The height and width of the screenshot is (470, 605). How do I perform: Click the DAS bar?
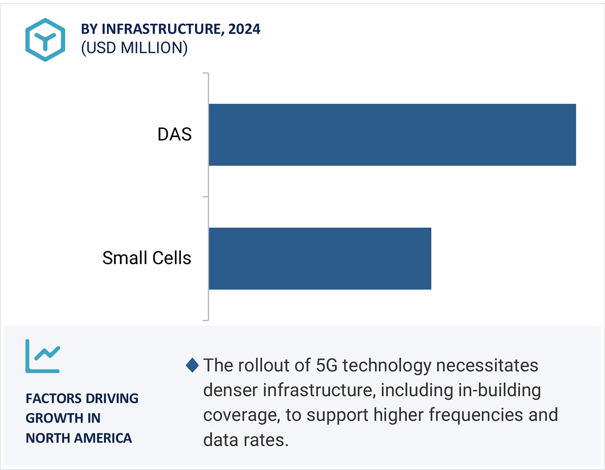click(392, 134)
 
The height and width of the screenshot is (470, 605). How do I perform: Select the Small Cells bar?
click(320, 258)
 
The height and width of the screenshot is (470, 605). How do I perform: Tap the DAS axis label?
click(174, 134)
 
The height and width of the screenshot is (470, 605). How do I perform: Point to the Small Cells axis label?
click(147, 258)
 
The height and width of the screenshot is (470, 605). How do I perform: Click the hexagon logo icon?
click(46, 39)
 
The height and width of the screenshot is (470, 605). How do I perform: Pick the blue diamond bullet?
click(192, 366)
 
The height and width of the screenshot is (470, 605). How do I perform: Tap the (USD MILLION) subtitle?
click(134, 48)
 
